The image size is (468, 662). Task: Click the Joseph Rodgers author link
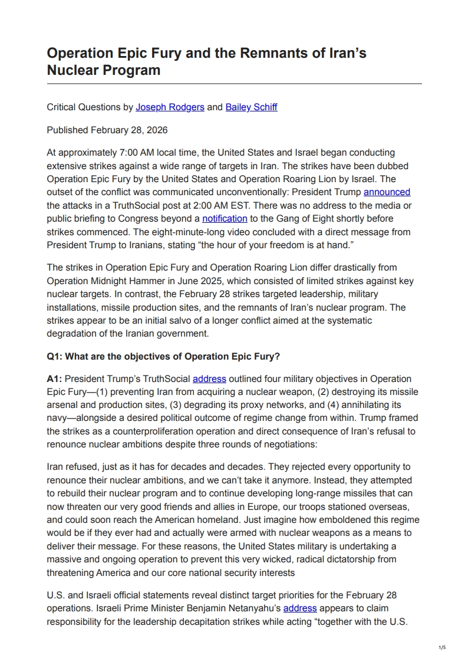click(170, 107)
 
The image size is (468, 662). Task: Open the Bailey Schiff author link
click(251, 107)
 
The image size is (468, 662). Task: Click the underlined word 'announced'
click(387, 192)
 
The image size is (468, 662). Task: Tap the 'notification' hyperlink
click(225, 219)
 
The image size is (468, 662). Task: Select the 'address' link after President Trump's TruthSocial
click(209, 378)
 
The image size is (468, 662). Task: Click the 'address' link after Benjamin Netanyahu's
click(300, 608)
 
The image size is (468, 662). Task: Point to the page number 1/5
click(443, 647)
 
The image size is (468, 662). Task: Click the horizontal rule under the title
click(234, 84)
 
